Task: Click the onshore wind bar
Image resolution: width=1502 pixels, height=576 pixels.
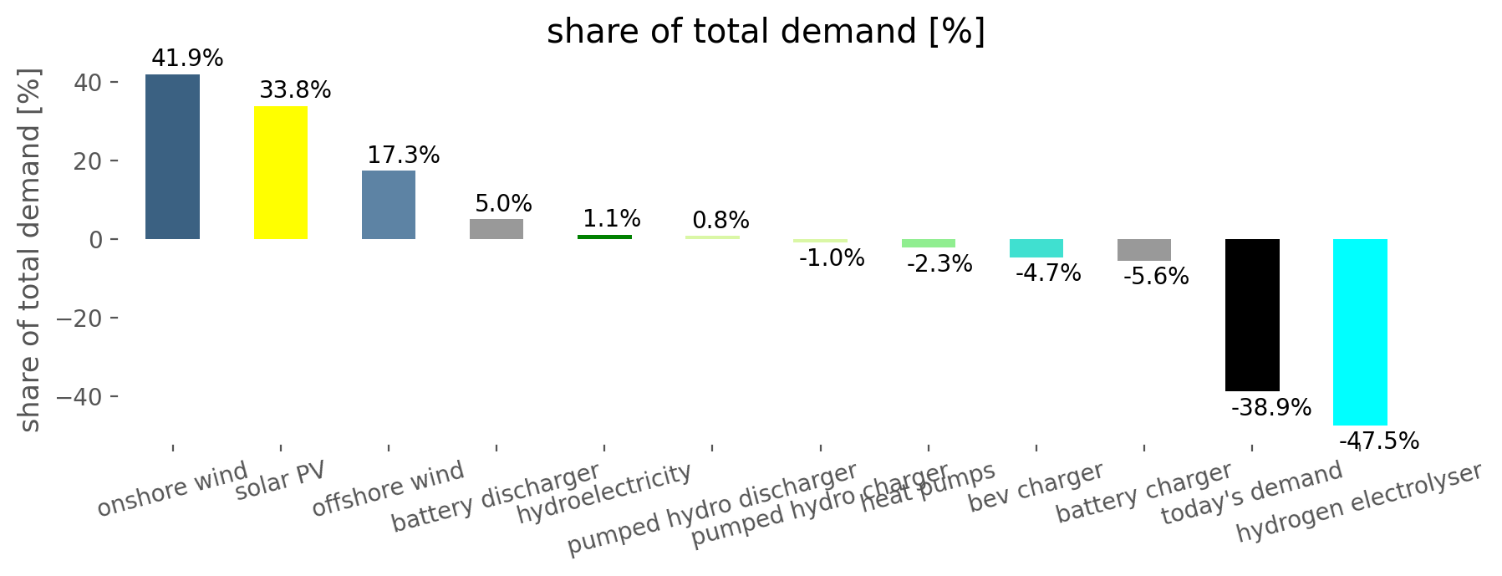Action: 172,156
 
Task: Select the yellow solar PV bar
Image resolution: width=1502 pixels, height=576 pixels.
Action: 280,172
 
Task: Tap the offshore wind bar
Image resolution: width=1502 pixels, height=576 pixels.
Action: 388,205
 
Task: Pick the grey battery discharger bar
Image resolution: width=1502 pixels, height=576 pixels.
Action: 496,229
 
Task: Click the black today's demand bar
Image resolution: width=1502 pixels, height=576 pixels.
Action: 1252,314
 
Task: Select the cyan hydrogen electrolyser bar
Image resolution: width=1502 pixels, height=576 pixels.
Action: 1360,332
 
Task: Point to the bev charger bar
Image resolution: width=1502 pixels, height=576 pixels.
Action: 1036,248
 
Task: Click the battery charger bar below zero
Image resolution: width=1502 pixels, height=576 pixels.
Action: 1143,250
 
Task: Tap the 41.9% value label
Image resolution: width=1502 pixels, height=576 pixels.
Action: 187,59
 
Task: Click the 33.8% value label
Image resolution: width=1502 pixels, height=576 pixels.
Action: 295,90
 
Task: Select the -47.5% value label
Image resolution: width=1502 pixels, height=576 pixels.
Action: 1379,441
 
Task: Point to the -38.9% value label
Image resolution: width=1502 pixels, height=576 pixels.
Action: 1270,408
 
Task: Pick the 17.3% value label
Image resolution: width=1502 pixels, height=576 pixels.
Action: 403,155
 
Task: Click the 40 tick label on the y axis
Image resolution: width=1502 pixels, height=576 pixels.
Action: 89,83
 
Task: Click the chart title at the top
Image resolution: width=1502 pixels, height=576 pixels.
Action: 766,32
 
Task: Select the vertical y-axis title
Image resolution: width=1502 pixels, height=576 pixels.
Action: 29,251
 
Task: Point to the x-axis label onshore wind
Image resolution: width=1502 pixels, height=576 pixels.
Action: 172,489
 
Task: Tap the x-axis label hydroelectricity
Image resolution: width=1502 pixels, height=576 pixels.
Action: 603,493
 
